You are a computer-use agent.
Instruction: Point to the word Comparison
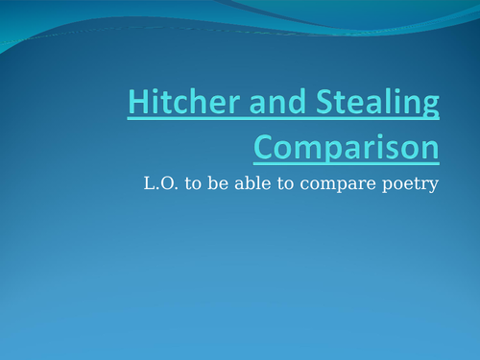[x=347, y=149]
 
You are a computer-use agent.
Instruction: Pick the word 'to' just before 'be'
[x=186, y=184]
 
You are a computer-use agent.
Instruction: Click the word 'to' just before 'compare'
[x=276, y=184]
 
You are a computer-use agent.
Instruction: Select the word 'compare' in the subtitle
[x=325, y=185]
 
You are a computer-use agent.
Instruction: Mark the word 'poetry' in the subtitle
[x=403, y=185]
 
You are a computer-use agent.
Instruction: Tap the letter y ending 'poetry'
[x=433, y=187]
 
